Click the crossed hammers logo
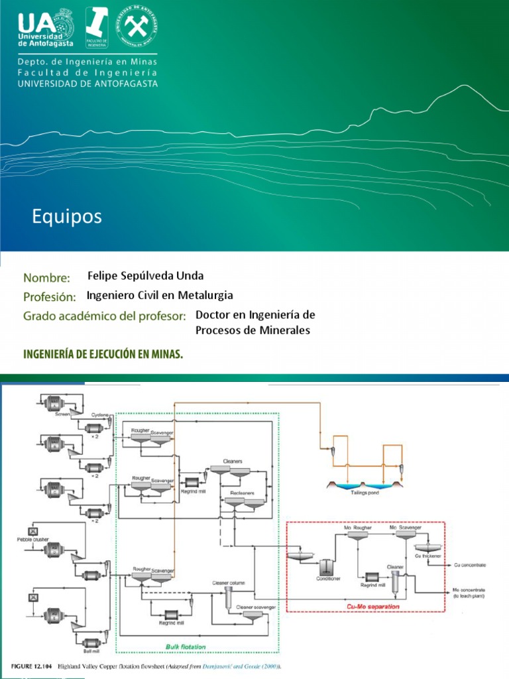tap(137, 28)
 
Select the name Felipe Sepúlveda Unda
tap(146, 276)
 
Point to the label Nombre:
tap(47, 277)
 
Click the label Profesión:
tap(50, 296)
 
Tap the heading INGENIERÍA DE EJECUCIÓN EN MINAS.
tap(103, 354)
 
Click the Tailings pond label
tap(365, 493)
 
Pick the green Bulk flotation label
tap(186, 646)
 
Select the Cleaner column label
tap(228, 583)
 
